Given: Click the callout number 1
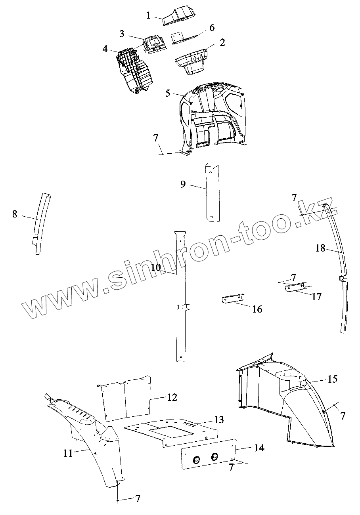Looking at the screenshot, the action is click(148, 16).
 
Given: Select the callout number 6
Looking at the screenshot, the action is click(212, 28).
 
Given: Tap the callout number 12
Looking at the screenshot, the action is click(172, 397).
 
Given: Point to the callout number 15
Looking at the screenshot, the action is click(332, 379).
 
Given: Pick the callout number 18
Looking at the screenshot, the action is click(320, 248).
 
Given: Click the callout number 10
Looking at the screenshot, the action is click(156, 267).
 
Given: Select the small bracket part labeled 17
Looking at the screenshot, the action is click(294, 288).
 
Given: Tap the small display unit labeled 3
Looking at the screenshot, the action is click(155, 44).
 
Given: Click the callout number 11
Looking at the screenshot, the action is click(68, 453).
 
